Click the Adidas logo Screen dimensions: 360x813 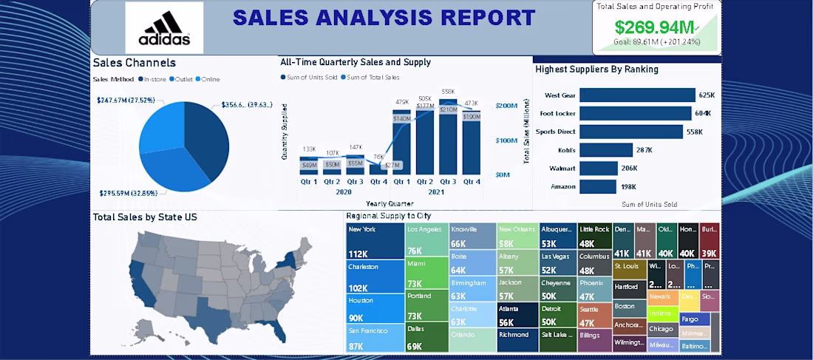pyautogui.click(x=163, y=27)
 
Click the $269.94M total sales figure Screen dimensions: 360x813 pyautogui.click(x=655, y=28)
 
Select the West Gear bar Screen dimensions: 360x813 pyautogui.click(x=637, y=95)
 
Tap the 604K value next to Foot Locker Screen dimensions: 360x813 pyautogui.click(x=703, y=113)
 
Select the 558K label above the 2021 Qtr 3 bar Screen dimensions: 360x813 pyautogui.click(x=449, y=92)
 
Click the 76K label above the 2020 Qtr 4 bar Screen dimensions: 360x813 pyautogui.click(x=378, y=157)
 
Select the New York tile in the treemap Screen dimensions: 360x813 pyautogui.click(x=375, y=241)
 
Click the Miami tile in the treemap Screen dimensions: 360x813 pyautogui.click(x=427, y=274)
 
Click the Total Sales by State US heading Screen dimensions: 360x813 pyautogui.click(x=145, y=217)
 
